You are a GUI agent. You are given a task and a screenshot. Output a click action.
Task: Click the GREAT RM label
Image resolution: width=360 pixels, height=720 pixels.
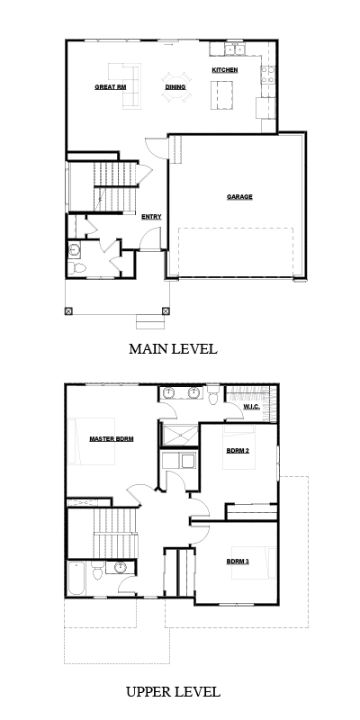110,86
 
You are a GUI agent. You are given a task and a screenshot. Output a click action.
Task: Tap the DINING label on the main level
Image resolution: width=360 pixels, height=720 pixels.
175,86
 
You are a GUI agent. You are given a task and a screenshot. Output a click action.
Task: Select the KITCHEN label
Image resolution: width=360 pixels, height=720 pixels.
224,70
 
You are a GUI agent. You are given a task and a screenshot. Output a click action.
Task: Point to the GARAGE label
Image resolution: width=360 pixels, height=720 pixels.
239,197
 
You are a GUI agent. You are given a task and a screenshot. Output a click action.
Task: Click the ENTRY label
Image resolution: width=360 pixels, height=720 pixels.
151,217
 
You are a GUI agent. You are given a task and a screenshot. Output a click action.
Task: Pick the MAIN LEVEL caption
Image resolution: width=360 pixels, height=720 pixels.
173,349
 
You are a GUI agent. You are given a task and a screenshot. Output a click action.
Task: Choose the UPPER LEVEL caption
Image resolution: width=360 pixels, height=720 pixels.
173,691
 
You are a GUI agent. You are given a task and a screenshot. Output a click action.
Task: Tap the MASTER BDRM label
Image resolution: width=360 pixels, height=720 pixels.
111,439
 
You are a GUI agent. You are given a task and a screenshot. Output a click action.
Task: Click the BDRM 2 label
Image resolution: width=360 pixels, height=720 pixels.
238,451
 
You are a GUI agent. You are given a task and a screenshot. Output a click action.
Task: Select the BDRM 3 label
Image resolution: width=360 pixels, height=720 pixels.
238,561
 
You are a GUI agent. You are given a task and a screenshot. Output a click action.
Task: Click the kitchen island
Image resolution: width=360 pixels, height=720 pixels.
221,95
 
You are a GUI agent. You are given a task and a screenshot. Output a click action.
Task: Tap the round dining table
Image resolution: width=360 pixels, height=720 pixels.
175,86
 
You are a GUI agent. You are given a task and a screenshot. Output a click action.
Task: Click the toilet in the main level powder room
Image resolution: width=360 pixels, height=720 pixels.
78,267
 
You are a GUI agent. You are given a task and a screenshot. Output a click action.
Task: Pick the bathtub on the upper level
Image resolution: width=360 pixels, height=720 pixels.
76,578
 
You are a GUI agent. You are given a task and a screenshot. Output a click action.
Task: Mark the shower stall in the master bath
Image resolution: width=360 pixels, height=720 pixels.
179,435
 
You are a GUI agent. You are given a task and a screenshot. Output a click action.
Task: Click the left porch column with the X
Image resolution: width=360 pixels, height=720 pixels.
68,310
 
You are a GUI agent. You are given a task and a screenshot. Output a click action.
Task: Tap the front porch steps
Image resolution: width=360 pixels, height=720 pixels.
149,322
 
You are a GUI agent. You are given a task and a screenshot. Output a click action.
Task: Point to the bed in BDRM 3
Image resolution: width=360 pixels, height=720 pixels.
254,562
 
